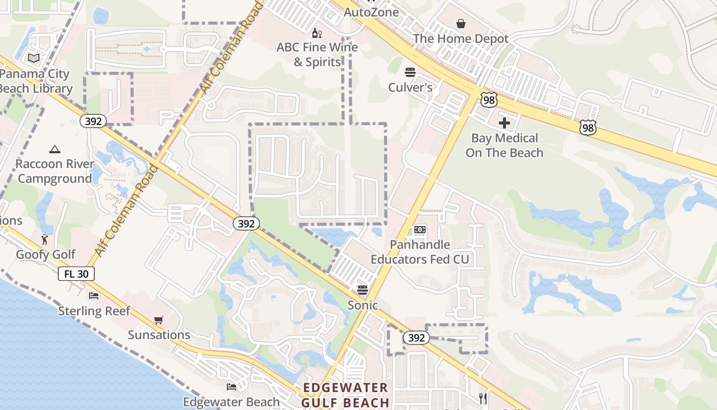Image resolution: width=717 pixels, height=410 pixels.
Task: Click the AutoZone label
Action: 371,12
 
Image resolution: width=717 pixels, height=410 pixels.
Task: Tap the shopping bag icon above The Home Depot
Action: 461,24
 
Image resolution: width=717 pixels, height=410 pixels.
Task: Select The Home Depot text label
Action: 460,39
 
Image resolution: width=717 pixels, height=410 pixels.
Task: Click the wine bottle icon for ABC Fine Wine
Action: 317,33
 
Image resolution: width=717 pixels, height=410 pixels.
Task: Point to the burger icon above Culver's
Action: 410,72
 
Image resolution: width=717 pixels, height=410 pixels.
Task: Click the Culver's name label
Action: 410,87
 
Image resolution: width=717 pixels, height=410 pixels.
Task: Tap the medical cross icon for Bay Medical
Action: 504,123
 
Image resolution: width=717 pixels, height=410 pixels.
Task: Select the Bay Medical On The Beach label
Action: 504,146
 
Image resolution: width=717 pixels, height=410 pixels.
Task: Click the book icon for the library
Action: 34,58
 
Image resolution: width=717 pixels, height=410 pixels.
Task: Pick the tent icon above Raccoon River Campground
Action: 55,149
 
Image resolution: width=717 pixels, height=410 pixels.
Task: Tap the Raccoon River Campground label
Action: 55,171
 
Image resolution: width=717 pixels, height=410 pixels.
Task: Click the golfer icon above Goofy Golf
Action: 46,239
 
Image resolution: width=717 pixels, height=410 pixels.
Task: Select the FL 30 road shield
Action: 76,274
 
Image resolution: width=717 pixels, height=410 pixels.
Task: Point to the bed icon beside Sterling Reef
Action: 94,296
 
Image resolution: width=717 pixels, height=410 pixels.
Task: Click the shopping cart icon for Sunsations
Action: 159,320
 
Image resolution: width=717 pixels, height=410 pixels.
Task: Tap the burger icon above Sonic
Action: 363,290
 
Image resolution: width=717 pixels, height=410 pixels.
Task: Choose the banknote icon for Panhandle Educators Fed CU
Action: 420,230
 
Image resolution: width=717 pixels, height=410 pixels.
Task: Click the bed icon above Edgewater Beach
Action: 231,387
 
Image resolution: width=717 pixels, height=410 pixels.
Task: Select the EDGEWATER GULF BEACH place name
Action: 345,395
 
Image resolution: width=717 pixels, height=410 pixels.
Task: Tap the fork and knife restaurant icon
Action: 482,398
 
